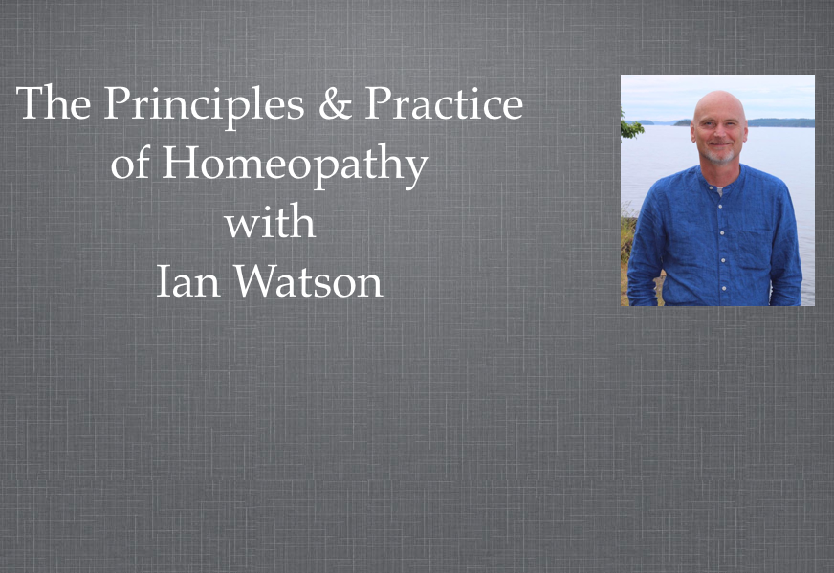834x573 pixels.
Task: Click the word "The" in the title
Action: click(x=54, y=102)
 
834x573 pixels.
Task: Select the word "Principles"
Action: click(x=204, y=106)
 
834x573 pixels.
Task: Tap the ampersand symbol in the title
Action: click(x=335, y=102)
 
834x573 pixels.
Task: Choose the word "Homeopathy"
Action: click(x=296, y=166)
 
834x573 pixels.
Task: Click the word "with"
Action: click(x=270, y=221)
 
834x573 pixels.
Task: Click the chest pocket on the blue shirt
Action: click(x=755, y=249)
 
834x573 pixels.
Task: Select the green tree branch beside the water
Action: click(x=630, y=126)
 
